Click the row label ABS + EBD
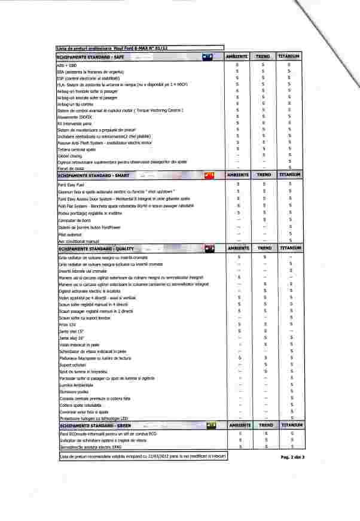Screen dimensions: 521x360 (x=67, y=64)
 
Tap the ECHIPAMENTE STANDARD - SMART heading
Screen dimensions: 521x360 (x=93, y=175)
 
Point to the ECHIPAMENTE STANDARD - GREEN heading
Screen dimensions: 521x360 (x=95, y=425)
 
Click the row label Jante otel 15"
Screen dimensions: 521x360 (x=72, y=331)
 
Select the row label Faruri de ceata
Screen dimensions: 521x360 (x=69, y=169)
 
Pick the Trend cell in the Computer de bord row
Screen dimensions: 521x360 (x=263, y=220)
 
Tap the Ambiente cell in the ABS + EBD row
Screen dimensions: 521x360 (x=237, y=64)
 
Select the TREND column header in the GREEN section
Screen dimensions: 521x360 (x=263, y=425)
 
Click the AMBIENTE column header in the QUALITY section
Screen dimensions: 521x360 (x=237, y=248)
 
